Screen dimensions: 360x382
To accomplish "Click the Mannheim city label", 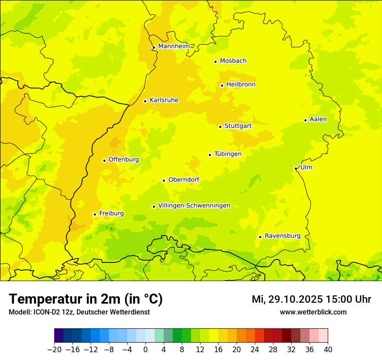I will tap(174, 46).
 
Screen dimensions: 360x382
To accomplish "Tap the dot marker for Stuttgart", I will tap(220, 127).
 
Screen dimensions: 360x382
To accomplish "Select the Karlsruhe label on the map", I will tap(164, 100).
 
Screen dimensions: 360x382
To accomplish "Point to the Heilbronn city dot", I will tap(222, 85).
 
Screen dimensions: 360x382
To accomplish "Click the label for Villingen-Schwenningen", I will tap(194, 206).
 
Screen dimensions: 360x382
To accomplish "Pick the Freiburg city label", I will tap(111, 213).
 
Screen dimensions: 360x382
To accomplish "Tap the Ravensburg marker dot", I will tap(260, 237).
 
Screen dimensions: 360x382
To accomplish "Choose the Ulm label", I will tap(306, 167).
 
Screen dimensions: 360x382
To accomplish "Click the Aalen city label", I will tap(318, 119).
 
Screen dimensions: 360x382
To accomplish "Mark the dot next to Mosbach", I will tap(215, 62).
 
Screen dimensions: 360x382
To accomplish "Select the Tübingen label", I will tap(227, 154).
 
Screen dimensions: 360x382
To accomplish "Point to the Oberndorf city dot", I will tap(164, 180).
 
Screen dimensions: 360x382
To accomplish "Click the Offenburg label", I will tap(124, 160).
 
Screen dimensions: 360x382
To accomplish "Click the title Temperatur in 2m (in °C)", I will tap(86, 299).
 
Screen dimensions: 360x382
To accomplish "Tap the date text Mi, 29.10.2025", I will tap(287, 299).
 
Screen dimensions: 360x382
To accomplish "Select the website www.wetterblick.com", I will tap(313, 312).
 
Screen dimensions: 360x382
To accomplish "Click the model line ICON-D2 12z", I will tap(79, 312).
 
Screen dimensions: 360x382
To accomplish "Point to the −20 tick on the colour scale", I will tap(55, 350).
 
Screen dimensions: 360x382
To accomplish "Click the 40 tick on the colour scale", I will tap(328, 350).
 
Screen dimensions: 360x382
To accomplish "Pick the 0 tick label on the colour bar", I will tap(145, 350).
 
